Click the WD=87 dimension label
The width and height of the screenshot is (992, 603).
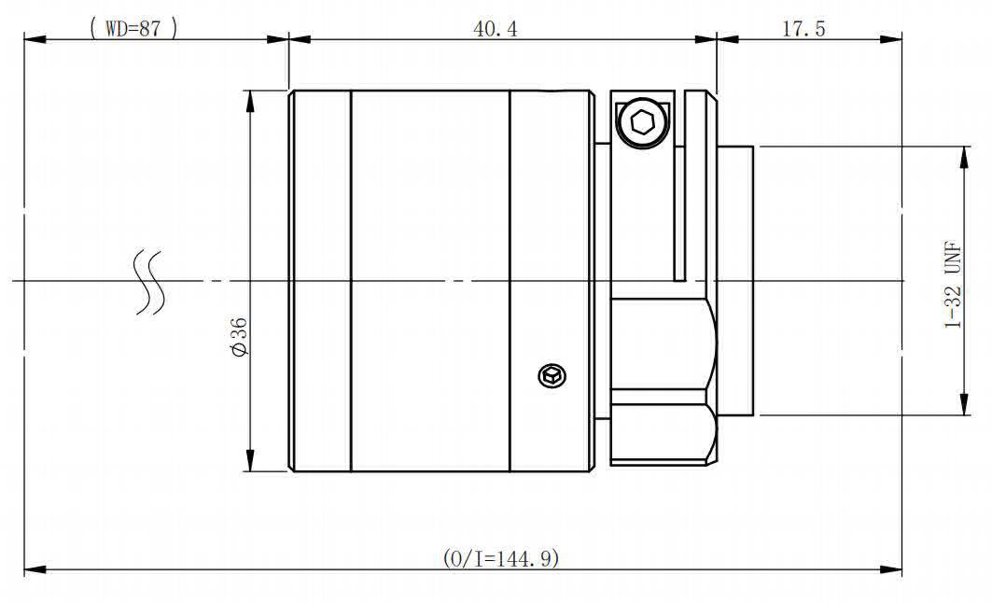pos(133,28)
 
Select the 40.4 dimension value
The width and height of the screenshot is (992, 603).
pos(495,29)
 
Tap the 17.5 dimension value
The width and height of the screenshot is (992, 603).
pos(803,29)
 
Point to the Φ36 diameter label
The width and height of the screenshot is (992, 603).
pos(239,337)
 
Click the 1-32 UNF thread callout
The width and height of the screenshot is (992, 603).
pos(953,285)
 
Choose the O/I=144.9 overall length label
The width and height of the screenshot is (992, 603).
pos(500,558)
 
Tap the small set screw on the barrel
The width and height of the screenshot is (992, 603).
pos(552,376)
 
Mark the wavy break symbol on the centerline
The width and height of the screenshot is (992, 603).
pos(149,282)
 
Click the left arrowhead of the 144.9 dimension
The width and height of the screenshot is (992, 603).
pos(35,568)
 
